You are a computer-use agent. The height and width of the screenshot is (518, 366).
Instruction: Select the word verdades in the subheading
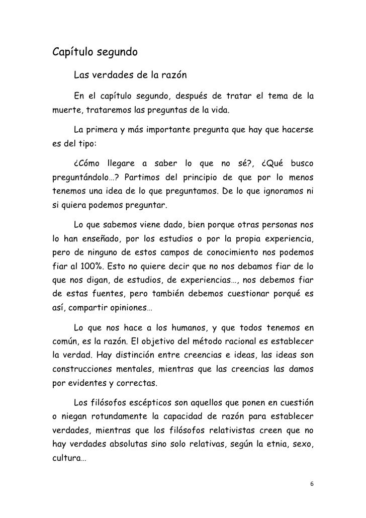pyautogui.click(x=112, y=76)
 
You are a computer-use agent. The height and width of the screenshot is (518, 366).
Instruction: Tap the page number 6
pyautogui.click(x=312, y=484)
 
